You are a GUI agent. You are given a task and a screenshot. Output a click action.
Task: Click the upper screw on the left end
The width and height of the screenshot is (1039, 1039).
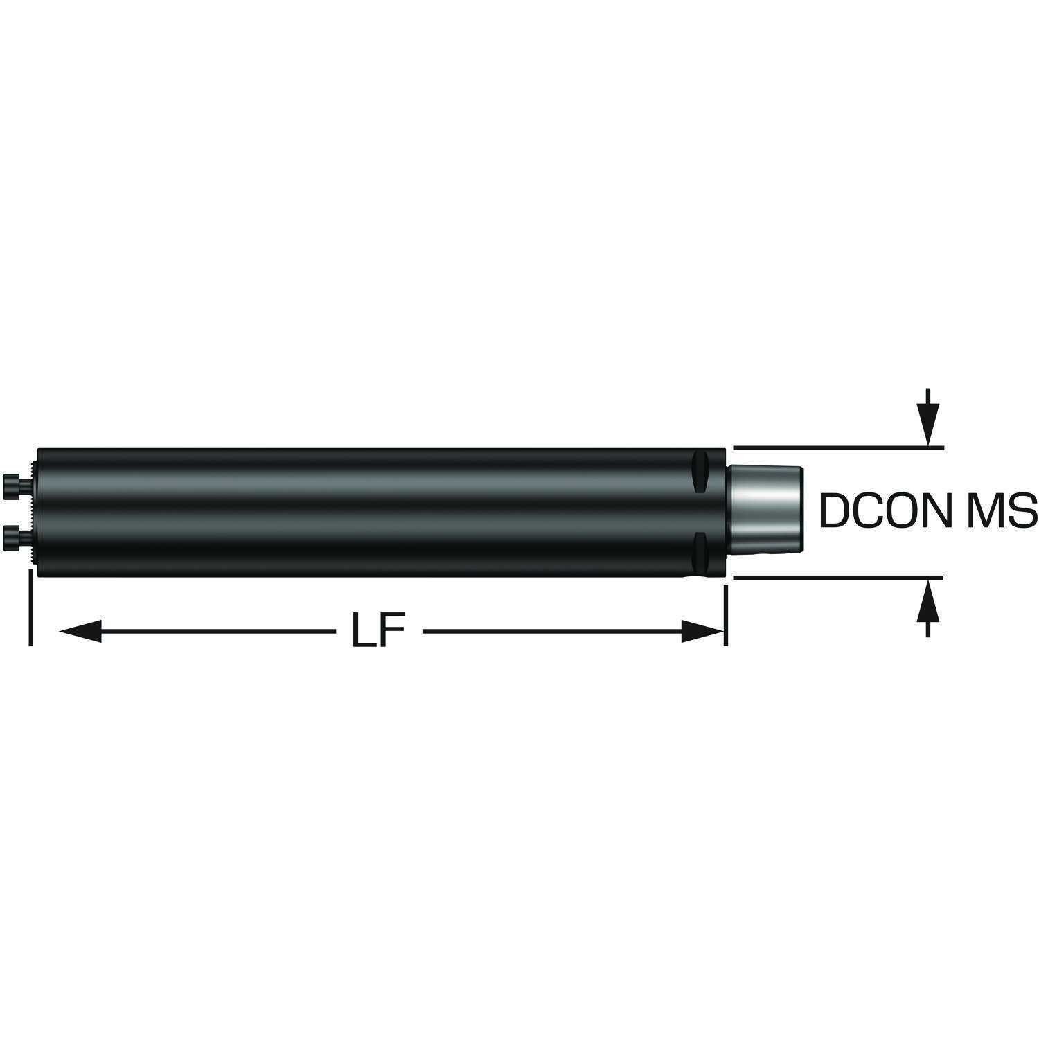pos(17,483)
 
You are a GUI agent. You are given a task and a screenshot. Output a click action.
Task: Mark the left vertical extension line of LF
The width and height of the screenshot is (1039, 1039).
pos(31,607)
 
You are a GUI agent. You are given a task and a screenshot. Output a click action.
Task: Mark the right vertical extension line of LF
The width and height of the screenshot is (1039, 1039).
pos(725,615)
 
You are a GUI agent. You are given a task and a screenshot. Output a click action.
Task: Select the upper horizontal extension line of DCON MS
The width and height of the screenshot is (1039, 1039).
pos(837,449)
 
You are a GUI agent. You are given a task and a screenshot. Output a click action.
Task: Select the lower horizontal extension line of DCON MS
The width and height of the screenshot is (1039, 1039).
pos(837,576)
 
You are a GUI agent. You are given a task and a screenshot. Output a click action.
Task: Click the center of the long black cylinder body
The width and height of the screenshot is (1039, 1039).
pos(381,513)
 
